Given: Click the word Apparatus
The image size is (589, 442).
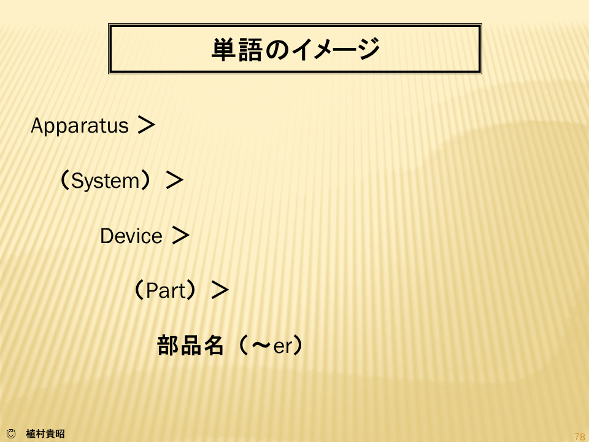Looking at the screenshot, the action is [80, 126].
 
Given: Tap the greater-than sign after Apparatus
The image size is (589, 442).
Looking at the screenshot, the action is [146, 125].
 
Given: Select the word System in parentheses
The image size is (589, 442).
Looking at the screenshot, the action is [106, 181].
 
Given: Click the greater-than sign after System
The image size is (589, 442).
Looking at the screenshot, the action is [174, 180].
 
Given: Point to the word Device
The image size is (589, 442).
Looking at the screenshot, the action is [131, 236].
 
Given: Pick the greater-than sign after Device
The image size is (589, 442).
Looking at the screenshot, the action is [180, 235].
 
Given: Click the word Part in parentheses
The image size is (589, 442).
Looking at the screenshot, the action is [166, 290].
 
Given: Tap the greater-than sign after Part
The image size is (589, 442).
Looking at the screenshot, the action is [220, 290].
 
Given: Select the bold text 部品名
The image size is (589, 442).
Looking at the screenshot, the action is [190, 346].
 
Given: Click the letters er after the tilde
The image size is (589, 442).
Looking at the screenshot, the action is [282, 346].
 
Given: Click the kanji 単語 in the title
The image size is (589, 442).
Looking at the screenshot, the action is [237, 49].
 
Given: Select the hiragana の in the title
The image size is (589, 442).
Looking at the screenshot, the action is [277, 50].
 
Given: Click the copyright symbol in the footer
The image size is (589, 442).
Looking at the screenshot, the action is [11, 434].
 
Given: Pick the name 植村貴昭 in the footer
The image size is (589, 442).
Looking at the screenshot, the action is [45, 434].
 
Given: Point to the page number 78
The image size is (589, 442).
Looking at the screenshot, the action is [580, 436].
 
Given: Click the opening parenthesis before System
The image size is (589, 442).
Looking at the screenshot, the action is [64, 180].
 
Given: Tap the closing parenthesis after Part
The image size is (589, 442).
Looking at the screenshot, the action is [191, 290].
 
